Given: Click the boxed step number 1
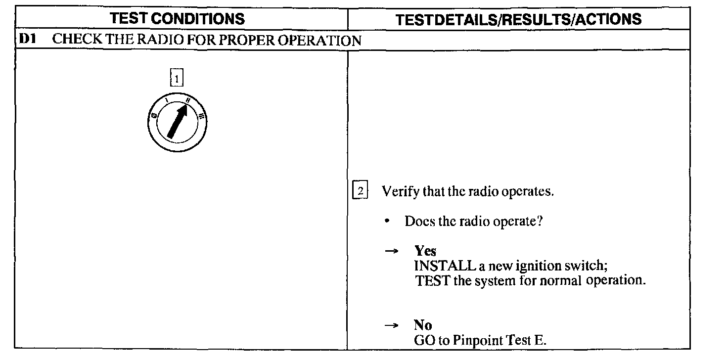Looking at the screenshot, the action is [177, 78].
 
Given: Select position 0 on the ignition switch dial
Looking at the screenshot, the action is [154, 116].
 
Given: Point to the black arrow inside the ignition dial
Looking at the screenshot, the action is [178, 121].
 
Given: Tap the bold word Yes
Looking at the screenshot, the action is [425, 251].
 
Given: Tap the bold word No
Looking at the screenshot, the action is [423, 325].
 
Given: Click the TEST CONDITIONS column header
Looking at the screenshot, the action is [177, 19].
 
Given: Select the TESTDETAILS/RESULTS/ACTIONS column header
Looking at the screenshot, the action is [519, 19].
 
